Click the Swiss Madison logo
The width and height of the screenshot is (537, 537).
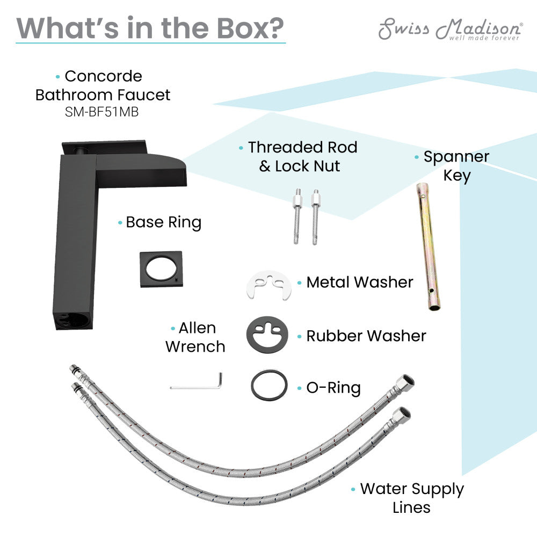tap(451, 29)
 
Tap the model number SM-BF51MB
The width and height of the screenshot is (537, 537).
tap(101, 112)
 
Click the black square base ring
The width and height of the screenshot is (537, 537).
tap(161, 269)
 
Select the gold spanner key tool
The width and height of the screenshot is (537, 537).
tap(428, 246)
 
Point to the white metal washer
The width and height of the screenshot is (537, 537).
tap(269, 285)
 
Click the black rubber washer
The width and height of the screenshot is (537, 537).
tap(267, 335)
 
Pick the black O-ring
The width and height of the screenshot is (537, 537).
tap(269, 385)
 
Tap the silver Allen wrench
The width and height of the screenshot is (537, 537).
tap(197, 381)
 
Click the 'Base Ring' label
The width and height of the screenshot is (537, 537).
tap(163, 223)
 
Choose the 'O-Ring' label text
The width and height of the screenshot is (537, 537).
tap(333, 388)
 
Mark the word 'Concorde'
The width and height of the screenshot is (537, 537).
tap(104, 76)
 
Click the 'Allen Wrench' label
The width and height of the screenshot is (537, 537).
tap(195, 338)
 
